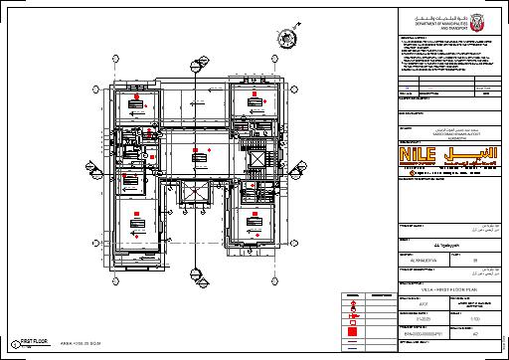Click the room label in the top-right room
[256, 97]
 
